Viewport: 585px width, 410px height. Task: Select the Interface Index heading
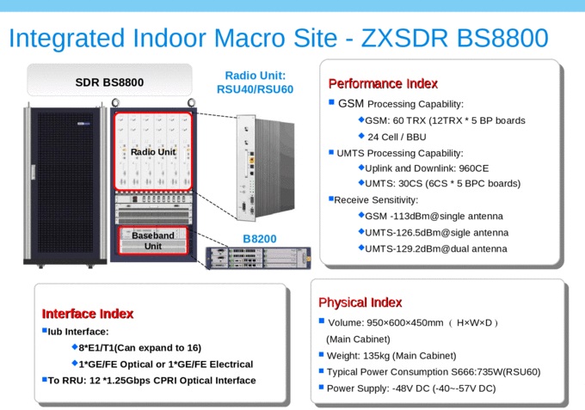click(x=88, y=314)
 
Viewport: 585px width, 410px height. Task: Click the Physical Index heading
click(x=360, y=303)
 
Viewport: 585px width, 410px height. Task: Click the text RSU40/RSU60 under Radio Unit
click(x=255, y=89)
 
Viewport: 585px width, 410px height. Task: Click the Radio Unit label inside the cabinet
click(x=152, y=152)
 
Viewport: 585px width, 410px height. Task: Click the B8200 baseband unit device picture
click(x=257, y=257)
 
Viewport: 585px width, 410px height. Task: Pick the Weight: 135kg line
click(x=391, y=355)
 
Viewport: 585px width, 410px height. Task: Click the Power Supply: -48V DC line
click(x=411, y=388)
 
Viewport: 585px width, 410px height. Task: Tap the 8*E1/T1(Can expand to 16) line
click(x=139, y=347)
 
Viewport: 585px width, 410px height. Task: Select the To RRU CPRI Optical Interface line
click(x=151, y=380)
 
